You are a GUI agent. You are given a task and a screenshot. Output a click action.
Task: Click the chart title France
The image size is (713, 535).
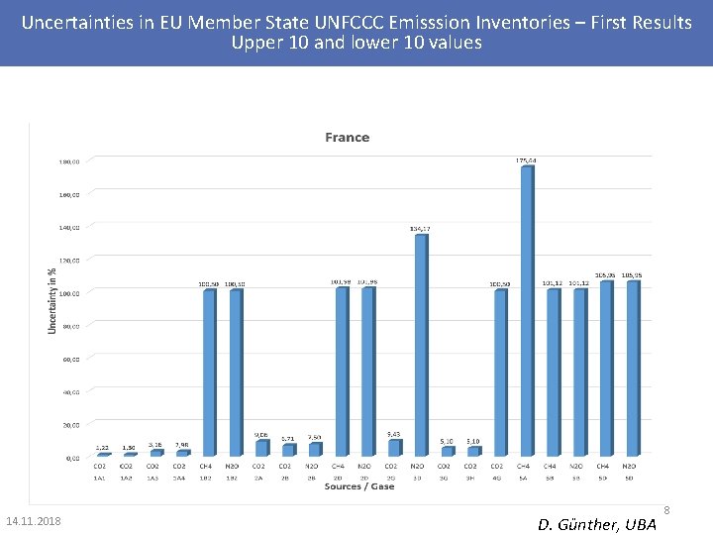[347, 138]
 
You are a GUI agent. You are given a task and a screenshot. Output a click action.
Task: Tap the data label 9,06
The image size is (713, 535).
[260, 434]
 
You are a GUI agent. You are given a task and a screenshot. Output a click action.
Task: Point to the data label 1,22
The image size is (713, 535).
[102, 448]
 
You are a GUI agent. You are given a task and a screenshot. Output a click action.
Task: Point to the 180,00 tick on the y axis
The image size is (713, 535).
[68, 160]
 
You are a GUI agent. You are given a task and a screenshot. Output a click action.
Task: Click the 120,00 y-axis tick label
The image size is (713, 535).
[68, 260]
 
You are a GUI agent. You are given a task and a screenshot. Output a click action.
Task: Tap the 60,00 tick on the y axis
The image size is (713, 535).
[68, 359]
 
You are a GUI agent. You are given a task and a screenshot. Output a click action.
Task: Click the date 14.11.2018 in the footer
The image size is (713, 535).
[33, 521]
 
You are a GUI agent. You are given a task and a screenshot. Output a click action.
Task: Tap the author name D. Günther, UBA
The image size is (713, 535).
[597, 523]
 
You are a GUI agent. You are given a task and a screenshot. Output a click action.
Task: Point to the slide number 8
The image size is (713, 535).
[666, 511]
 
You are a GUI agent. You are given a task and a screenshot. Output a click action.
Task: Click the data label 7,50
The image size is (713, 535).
[314, 437]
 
